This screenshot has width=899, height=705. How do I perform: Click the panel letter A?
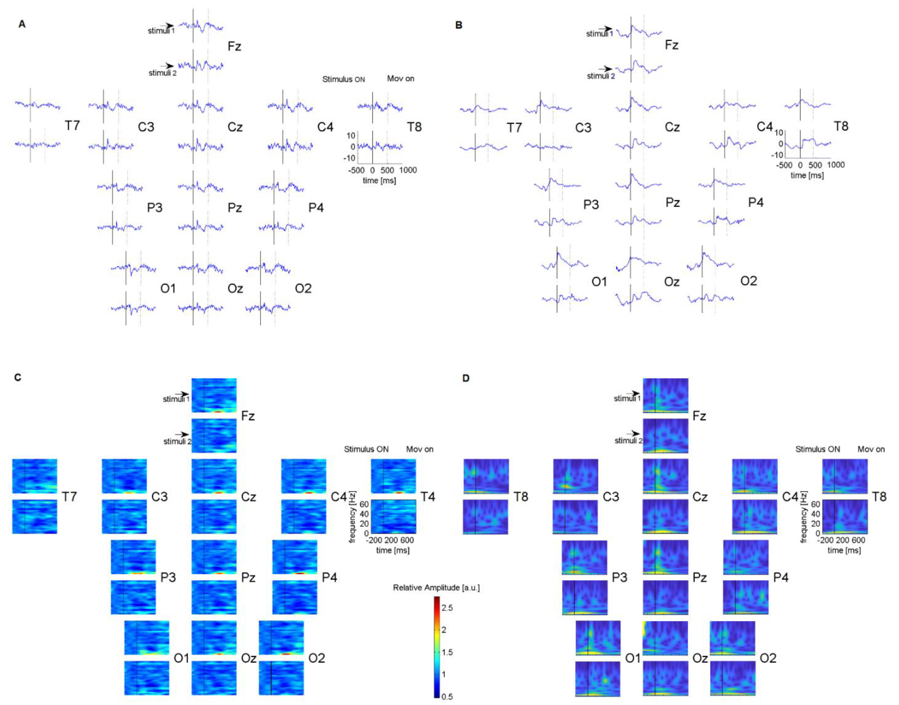pos(22,24)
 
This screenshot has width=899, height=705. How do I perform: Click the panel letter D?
pos(466,378)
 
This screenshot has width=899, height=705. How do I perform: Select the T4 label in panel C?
pos(428,497)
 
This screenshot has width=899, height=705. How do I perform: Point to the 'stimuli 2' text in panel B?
pos(600,76)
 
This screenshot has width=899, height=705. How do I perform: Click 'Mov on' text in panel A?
pos(400,79)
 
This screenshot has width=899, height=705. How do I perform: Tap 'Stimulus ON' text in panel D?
pos(817,449)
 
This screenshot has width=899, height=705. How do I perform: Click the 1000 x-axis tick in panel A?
pos(408,170)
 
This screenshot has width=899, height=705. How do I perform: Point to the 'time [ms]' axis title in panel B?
pos(807,175)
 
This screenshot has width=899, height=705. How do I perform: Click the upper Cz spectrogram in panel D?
pos(665,476)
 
